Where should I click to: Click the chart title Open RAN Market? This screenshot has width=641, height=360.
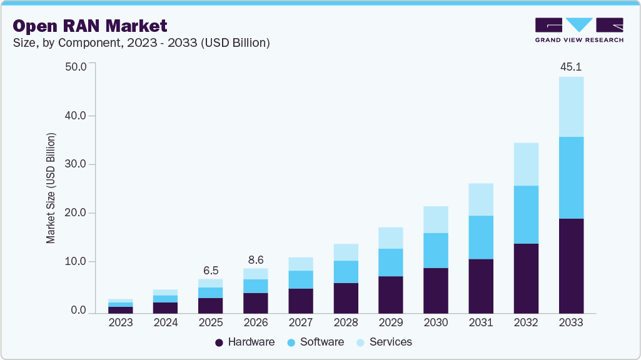point(90,26)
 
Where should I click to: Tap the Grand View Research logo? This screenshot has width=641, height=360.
point(578,29)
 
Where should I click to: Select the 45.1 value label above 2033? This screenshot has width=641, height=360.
point(570,66)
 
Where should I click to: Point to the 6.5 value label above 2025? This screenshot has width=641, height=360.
point(210,271)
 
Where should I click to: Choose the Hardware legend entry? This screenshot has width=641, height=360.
point(245,342)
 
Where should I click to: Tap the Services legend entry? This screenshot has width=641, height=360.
point(384,342)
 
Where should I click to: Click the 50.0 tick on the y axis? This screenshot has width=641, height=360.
point(76,67)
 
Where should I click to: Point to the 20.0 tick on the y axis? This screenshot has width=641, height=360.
point(76,213)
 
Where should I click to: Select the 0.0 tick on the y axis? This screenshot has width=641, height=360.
point(78,311)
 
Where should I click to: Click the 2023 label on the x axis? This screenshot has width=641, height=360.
point(120,322)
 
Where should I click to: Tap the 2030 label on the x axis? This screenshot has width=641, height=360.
point(435,322)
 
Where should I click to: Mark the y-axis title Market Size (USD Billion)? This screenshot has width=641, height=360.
point(51,188)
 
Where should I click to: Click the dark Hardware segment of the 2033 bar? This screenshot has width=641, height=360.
point(570,266)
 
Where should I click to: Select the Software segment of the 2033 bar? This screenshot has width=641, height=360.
point(570,177)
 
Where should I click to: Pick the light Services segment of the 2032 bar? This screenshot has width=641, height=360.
point(525,164)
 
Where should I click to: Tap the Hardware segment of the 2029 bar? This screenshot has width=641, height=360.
point(390,294)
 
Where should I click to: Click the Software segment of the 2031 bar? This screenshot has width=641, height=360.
point(480,237)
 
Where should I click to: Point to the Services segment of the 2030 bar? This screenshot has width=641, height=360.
point(435,219)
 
